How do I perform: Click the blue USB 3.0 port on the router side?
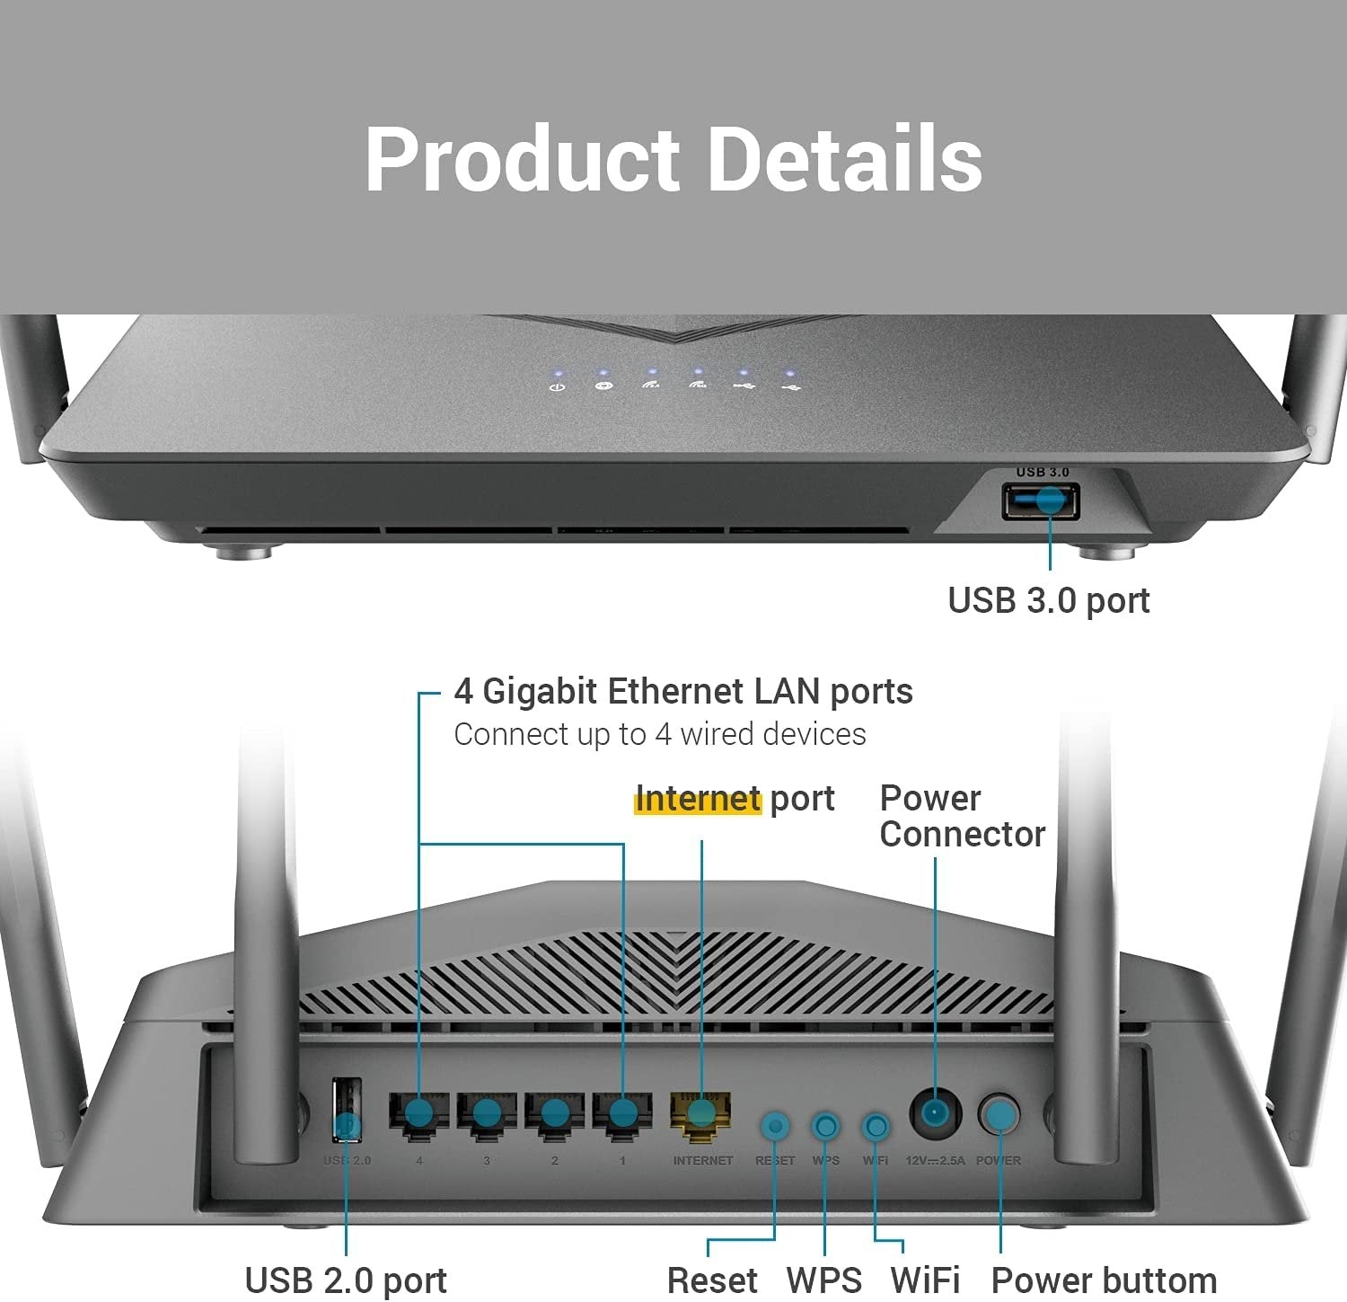[x=1041, y=500]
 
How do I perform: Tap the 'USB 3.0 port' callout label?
[x=1048, y=600]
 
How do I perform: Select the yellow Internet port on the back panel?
[x=700, y=1114]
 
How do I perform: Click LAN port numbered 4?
[x=418, y=1114]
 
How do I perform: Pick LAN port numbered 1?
[x=621, y=1114]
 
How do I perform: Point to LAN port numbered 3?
[x=487, y=1114]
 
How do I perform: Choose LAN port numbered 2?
[x=555, y=1114]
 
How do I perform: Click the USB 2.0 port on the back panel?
[x=347, y=1111]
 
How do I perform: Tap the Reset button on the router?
[x=775, y=1126]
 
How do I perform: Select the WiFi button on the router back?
[x=876, y=1126]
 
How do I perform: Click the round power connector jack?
[x=935, y=1114]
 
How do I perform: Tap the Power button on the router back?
[x=999, y=1115]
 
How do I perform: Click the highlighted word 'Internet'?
[x=698, y=798]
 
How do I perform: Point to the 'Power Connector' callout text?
[x=962, y=816]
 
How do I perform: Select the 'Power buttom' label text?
[x=1104, y=1280]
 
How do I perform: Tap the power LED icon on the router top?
[x=557, y=386]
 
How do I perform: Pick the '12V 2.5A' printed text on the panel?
[x=935, y=1161]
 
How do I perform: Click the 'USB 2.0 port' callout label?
[x=346, y=1280]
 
